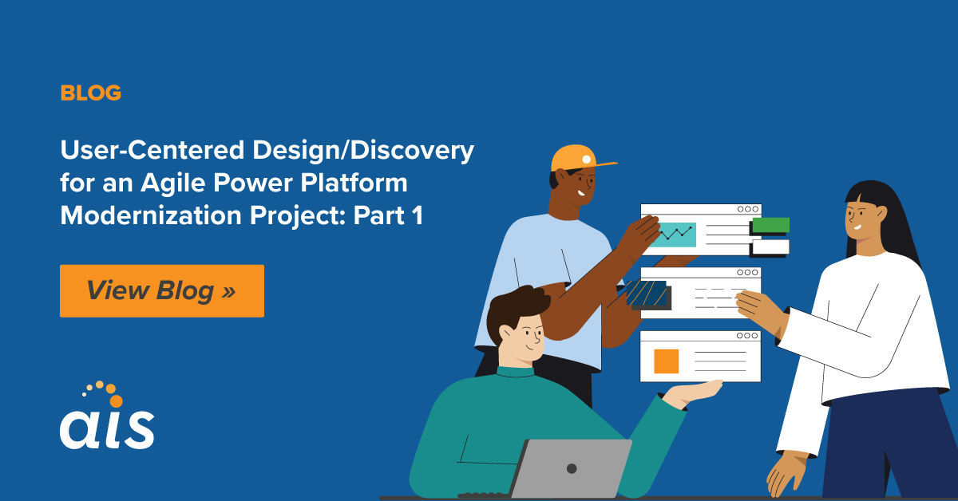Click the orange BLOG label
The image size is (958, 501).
coord(90,93)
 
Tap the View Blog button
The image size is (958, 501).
coord(161,290)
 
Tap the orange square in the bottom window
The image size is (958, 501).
coord(666,361)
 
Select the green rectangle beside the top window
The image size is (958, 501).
coord(770,225)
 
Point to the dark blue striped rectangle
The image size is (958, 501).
coord(647,294)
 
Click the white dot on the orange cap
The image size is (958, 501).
coord(587,160)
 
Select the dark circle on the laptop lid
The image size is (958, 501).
coord(571,467)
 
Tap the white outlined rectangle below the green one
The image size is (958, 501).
coord(770,247)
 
